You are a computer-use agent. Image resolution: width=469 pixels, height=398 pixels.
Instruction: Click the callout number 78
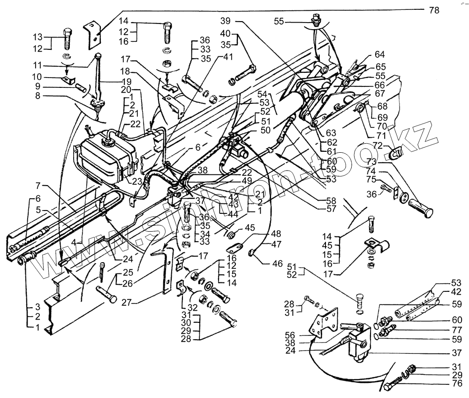(x=434, y=10)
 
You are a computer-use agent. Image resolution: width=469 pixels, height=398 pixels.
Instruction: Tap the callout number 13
(x=38, y=37)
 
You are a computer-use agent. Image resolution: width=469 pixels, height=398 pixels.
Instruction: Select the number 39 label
(x=226, y=21)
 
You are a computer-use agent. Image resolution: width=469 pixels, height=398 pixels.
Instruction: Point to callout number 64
(x=379, y=55)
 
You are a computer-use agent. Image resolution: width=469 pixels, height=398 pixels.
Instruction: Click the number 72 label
(x=378, y=146)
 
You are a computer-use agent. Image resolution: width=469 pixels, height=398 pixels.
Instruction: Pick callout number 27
(x=127, y=303)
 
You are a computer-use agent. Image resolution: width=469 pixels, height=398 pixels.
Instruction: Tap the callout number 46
(x=278, y=264)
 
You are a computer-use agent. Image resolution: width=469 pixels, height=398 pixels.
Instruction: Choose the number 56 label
(x=290, y=335)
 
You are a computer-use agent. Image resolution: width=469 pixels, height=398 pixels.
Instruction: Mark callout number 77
(x=457, y=330)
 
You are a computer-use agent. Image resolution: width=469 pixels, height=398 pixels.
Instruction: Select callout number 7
(x=38, y=186)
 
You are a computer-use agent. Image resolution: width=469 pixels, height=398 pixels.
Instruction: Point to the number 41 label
(x=228, y=57)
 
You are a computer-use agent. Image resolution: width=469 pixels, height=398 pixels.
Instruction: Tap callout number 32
(x=193, y=307)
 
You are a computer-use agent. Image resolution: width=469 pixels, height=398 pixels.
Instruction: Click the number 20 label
(x=126, y=89)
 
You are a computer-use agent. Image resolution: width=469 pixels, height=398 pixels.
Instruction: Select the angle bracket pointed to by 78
(x=93, y=35)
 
